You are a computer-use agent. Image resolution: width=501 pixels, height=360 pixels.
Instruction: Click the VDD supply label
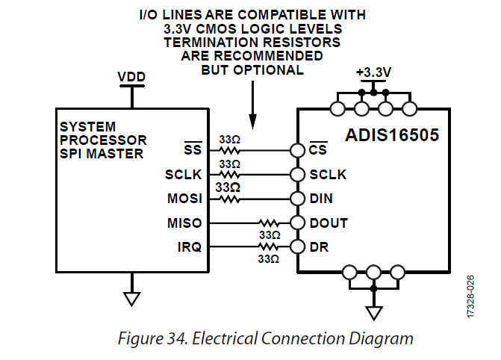131,77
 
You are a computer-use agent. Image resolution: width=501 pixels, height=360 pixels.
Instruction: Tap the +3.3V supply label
373,72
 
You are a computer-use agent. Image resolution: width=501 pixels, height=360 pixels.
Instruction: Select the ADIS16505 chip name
392,135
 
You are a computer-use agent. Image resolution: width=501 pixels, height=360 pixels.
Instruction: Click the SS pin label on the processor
193,149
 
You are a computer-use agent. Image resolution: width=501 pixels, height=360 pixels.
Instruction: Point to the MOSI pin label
184,199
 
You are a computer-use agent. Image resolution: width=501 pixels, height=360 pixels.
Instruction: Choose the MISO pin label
184,223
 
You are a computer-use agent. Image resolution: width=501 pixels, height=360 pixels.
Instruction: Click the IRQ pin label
190,247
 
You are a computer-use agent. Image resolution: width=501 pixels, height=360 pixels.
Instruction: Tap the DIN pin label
321,199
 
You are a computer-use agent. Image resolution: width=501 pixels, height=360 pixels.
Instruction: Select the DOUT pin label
329,223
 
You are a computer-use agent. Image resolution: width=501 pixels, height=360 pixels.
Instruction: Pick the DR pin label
319,247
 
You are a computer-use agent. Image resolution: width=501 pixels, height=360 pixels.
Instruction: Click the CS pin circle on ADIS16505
297,150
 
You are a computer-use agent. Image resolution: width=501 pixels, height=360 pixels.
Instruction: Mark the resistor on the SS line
229,150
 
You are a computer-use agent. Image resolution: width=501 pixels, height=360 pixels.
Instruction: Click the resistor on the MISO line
269,223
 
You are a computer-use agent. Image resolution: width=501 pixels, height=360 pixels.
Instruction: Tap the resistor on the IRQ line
269,246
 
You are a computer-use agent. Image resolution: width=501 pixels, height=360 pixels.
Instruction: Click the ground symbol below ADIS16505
373,313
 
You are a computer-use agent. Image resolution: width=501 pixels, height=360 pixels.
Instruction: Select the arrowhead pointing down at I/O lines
252,122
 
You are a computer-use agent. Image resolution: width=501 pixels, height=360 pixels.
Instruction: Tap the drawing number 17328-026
470,297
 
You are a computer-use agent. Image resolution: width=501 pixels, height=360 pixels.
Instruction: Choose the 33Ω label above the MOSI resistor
228,187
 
